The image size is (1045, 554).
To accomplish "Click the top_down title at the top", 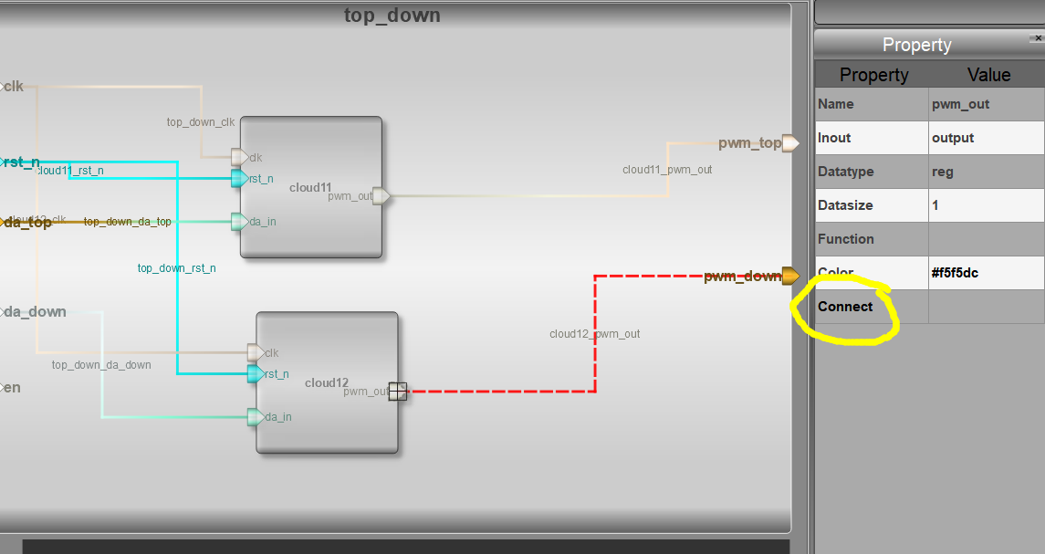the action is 392,16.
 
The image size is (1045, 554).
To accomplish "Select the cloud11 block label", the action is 310,188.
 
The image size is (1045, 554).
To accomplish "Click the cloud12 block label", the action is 327,383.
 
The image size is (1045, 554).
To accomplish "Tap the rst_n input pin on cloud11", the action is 239,178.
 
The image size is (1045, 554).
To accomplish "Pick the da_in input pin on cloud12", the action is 256,417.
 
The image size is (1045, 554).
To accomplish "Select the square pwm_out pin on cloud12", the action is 397,392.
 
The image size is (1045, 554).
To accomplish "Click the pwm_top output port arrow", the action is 790,143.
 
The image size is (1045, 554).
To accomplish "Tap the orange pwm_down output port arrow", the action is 790,276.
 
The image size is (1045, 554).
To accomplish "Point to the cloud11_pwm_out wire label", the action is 667,170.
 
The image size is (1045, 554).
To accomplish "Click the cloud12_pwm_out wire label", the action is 594,334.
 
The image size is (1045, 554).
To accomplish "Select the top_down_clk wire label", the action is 201,121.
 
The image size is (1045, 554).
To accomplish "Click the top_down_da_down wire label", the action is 101,365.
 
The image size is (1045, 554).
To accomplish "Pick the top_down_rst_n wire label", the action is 176,268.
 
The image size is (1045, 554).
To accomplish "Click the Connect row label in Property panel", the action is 845,307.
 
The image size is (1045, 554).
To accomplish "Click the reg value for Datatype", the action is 942,172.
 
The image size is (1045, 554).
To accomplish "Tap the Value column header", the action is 988,75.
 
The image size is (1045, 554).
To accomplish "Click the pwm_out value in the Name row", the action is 960,104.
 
